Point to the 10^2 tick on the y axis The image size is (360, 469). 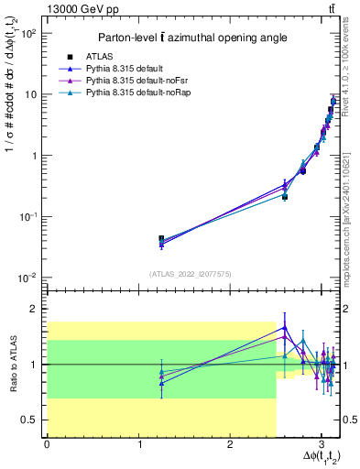(29, 33)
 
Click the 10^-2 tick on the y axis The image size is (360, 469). (29, 278)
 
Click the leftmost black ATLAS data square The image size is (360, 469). (161, 239)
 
